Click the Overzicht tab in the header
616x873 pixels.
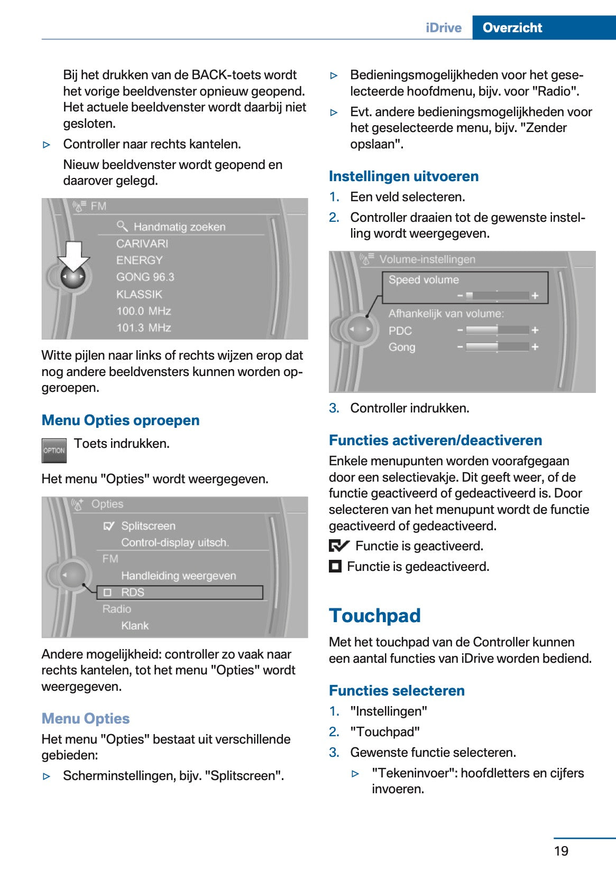512,27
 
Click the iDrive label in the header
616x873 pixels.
443,27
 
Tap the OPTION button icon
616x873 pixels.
54,450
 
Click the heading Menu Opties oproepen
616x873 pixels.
121,420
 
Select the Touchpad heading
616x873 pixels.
374,616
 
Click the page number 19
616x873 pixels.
561,851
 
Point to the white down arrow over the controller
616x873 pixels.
73,256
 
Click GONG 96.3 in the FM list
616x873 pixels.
145,277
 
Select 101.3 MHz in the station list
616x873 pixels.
144,328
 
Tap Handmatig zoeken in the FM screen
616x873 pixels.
179,227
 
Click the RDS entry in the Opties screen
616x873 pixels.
132,593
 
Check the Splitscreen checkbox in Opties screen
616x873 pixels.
109,526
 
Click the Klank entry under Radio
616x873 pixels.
135,626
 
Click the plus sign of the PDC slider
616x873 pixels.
535,330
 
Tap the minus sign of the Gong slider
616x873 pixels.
460,347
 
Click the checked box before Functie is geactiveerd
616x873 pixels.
338,546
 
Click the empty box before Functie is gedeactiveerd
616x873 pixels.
335,567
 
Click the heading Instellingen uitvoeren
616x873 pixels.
403,176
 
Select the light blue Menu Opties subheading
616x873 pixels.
86,719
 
